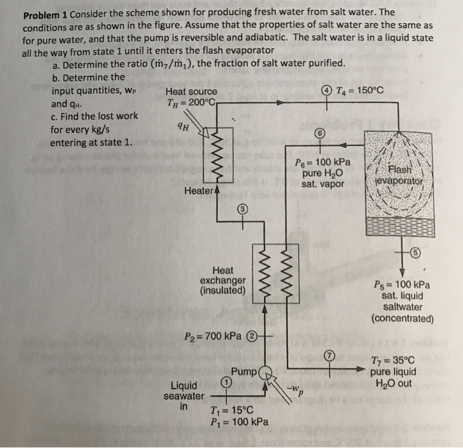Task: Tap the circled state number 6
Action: tap(320, 132)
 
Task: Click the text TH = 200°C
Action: tap(191, 102)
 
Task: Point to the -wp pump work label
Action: tap(295, 390)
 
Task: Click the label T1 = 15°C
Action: tap(230, 409)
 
